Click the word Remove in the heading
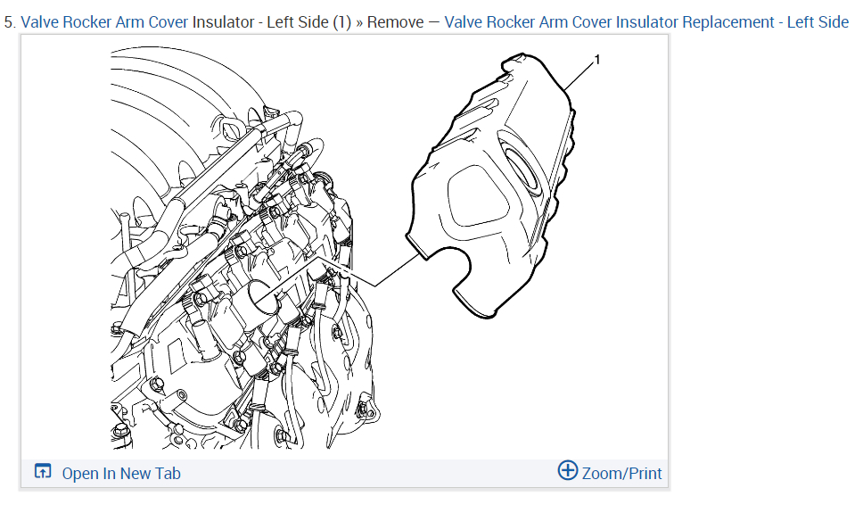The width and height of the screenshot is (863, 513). point(395,22)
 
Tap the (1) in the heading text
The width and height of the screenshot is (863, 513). point(341,22)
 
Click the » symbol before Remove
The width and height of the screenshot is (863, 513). point(359,23)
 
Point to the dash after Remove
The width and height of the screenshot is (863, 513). point(433,22)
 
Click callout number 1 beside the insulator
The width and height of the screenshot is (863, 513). point(597,59)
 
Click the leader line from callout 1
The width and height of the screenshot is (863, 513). point(579,76)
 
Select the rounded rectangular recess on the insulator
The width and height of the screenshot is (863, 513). point(478,195)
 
